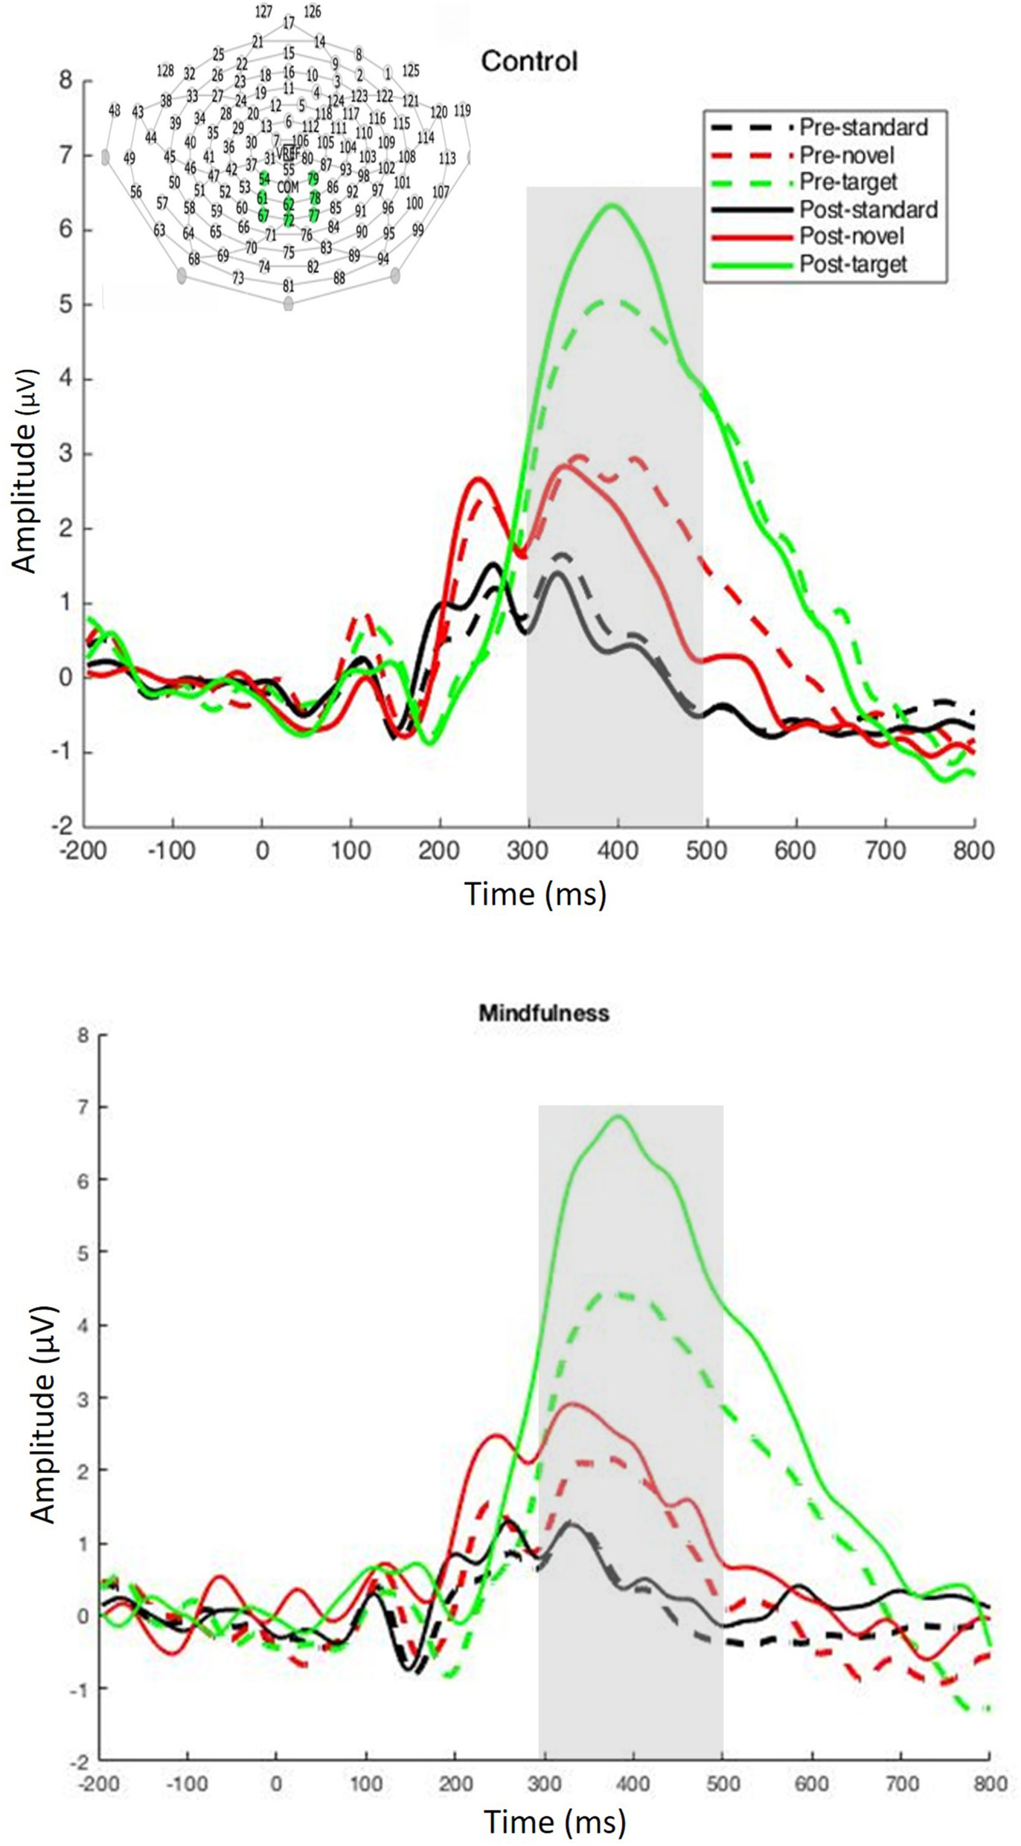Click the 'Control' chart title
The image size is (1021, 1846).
pyautogui.click(x=529, y=60)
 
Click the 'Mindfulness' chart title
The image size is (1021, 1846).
pyautogui.click(x=544, y=1012)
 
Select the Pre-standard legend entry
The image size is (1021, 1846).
pyautogui.click(x=862, y=127)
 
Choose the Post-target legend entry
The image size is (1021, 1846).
pyautogui.click(x=853, y=264)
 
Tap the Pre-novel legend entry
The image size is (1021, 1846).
pyautogui.click(x=846, y=155)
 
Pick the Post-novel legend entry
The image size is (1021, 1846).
pyautogui.click(x=851, y=237)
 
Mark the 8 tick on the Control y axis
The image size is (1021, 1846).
pyautogui.click(x=66, y=80)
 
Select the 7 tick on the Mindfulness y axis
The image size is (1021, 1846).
pyautogui.click(x=83, y=1107)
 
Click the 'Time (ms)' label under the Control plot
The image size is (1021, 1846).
pyautogui.click(x=535, y=892)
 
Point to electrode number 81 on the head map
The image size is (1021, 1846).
pyautogui.click(x=289, y=286)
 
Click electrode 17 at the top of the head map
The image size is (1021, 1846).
pyautogui.click(x=289, y=23)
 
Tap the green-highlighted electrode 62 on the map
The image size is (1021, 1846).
pyautogui.click(x=288, y=202)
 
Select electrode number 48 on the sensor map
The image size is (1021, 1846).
pyautogui.click(x=114, y=110)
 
